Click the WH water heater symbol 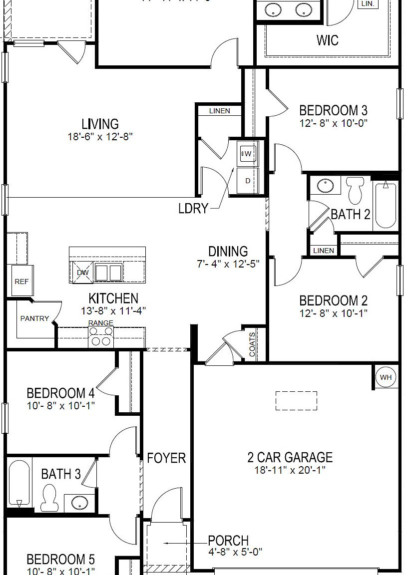pos(386,377)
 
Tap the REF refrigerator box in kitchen pos(21,282)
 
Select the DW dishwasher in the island pos(82,273)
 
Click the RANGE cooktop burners pos(101,337)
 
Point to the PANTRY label pos(34,318)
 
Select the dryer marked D pos(247,181)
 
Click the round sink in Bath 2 pos(326,186)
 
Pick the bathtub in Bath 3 pos(20,483)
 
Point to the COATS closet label pos(252,344)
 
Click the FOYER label pos(166,458)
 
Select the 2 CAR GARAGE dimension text pos(290,470)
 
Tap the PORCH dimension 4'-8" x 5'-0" pos(235,552)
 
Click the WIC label pos(327,40)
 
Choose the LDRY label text pos(193,208)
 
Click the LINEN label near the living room pos(220,111)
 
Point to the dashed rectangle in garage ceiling pos(296,401)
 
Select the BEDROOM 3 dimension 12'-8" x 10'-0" pos(333,123)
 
